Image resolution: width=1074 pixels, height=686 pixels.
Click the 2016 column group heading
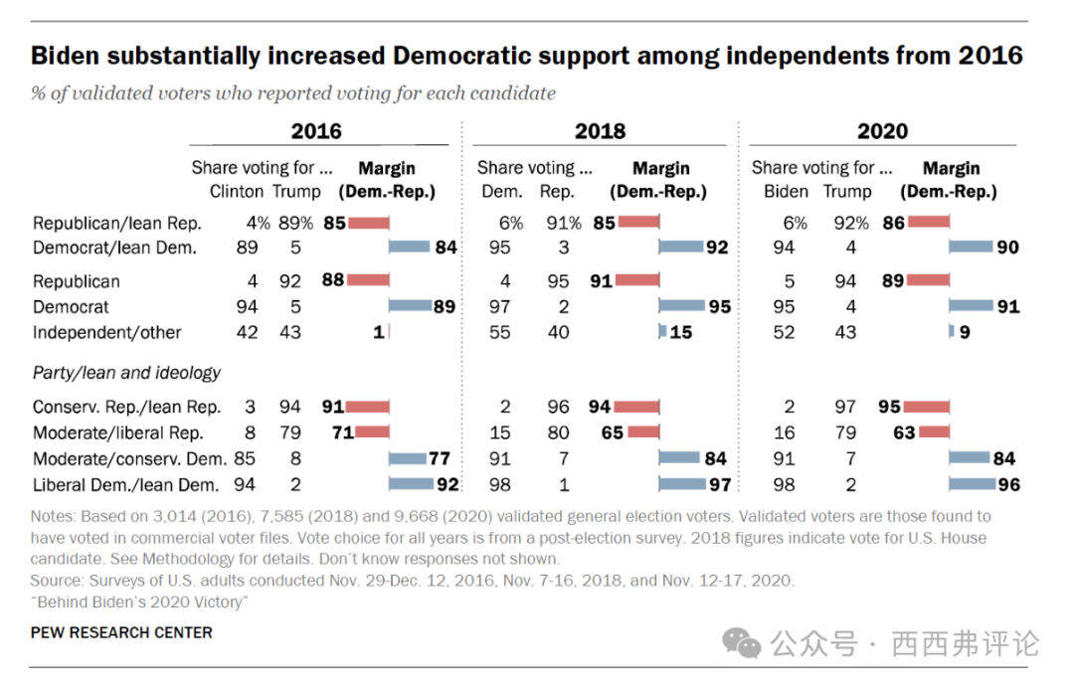pos(316,131)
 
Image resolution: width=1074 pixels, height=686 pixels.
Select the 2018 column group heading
pos(600,131)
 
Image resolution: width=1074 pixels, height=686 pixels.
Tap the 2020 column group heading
pos(882,131)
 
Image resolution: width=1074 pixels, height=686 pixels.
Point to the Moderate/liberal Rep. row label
pos(117,433)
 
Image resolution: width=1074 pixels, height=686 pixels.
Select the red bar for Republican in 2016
pos(368,281)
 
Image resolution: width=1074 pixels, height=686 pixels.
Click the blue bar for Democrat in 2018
pos(682,307)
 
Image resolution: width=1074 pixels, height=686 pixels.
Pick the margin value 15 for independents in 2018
pos(681,332)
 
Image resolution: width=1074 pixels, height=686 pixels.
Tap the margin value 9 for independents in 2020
pos(965,332)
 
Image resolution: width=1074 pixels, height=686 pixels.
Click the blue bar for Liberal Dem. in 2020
pos(972,485)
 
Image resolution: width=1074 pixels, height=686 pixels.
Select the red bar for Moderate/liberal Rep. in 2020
pos(935,433)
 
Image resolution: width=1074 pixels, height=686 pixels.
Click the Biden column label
pos(786,191)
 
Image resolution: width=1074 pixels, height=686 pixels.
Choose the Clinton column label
pos(237,191)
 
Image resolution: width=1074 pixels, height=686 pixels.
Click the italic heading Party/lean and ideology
pos(126,373)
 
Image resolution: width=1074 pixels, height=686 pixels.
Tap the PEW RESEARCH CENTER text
pos(121,632)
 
